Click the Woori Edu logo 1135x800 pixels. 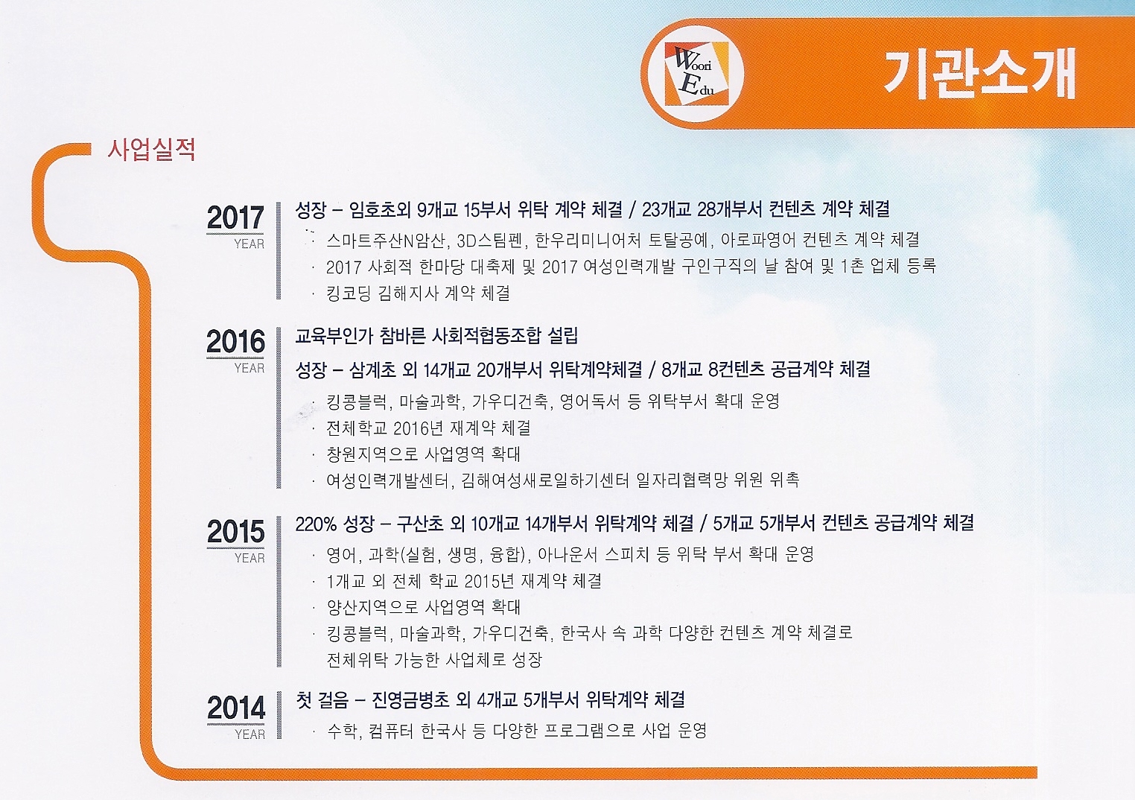coord(693,74)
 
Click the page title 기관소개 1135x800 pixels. coord(979,74)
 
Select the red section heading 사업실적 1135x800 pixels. coord(151,150)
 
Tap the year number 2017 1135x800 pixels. coord(235,218)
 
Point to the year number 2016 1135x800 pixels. coord(235,341)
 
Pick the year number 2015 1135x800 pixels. coord(235,532)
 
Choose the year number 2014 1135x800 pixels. coord(236,708)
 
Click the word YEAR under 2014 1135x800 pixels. coord(249,734)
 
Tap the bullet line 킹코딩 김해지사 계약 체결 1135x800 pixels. coord(419,293)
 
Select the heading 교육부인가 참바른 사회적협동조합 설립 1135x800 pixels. coord(436,337)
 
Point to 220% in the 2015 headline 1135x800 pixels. coord(316,524)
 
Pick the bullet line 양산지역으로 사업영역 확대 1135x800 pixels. coord(424,607)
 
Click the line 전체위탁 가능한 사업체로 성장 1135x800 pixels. coord(434,660)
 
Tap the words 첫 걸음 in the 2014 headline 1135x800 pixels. coord(322,700)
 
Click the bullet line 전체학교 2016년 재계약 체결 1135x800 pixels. coord(429,428)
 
